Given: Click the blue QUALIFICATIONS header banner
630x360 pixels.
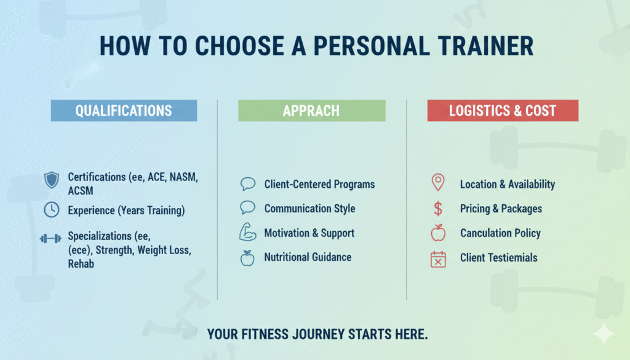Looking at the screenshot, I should click(x=124, y=111).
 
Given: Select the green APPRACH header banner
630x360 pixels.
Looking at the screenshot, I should click(x=311, y=111).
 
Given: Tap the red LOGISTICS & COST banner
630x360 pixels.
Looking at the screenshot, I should click(x=503, y=111).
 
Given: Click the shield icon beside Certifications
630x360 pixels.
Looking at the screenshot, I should click(x=51, y=180).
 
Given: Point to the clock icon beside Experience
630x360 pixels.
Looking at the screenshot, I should click(x=51, y=210).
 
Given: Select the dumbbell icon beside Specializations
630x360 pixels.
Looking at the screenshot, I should click(x=50, y=238).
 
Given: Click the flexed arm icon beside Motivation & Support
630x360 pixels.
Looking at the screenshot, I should click(x=247, y=233).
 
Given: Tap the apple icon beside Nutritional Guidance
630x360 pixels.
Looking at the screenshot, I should click(x=247, y=258).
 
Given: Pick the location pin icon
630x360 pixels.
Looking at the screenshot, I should click(x=438, y=183).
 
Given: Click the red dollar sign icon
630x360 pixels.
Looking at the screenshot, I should click(x=438, y=209).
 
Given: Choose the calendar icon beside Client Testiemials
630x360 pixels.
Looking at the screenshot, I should click(x=438, y=258).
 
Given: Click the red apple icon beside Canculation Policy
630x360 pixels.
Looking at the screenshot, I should click(x=438, y=233).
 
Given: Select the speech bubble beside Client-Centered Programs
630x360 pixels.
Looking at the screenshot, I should click(x=247, y=183).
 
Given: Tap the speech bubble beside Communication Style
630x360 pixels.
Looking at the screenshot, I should click(x=247, y=207).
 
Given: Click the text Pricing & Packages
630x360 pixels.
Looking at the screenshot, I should click(x=501, y=209).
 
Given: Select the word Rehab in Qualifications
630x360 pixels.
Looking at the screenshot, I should click(x=81, y=263).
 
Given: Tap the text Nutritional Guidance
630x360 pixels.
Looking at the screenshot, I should click(x=308, y=257).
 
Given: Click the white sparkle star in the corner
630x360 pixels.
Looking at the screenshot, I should click(x=603, y=334).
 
